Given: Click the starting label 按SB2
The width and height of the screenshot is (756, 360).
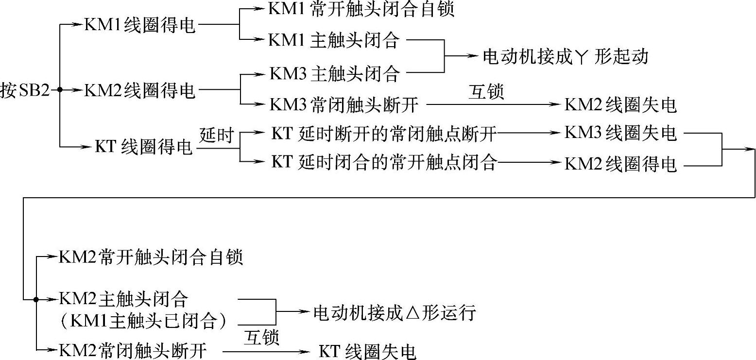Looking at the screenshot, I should pyautogui.click(x=25, y=90).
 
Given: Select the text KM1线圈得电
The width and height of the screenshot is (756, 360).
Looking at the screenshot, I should pyautogui.click(x=140, y=25).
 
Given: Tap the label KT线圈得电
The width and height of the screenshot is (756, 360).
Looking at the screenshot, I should pyautogui.click(x=144, y=146).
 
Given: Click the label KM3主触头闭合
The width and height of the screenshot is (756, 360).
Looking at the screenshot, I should pyautogui.click(x=334, y=74).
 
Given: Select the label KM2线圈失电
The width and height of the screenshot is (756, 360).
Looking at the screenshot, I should pyautogui.click(x=620, y=104).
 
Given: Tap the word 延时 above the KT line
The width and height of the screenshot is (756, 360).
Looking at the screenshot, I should pyautogui.click(x=217, y=134).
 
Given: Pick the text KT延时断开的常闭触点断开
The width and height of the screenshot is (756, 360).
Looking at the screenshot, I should pyautogui.click(x=384, y=134).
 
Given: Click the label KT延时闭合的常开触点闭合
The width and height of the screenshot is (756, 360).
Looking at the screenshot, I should pyautogui.click(x=384, y=163).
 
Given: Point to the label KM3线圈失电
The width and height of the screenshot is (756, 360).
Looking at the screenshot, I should pyautogui.click(x=620, y=134).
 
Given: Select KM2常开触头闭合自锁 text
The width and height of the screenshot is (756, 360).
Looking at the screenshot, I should pyautogui.click(x=151, y=257).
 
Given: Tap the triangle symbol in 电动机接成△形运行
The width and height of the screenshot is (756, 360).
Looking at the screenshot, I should pyautogui.click(x=412, y=312).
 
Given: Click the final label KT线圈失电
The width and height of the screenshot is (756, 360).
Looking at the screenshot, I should pyautogui.click(x=367, y=351).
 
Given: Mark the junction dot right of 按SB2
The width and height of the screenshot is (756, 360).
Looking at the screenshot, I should pyautogui.click(x=59, y=90).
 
